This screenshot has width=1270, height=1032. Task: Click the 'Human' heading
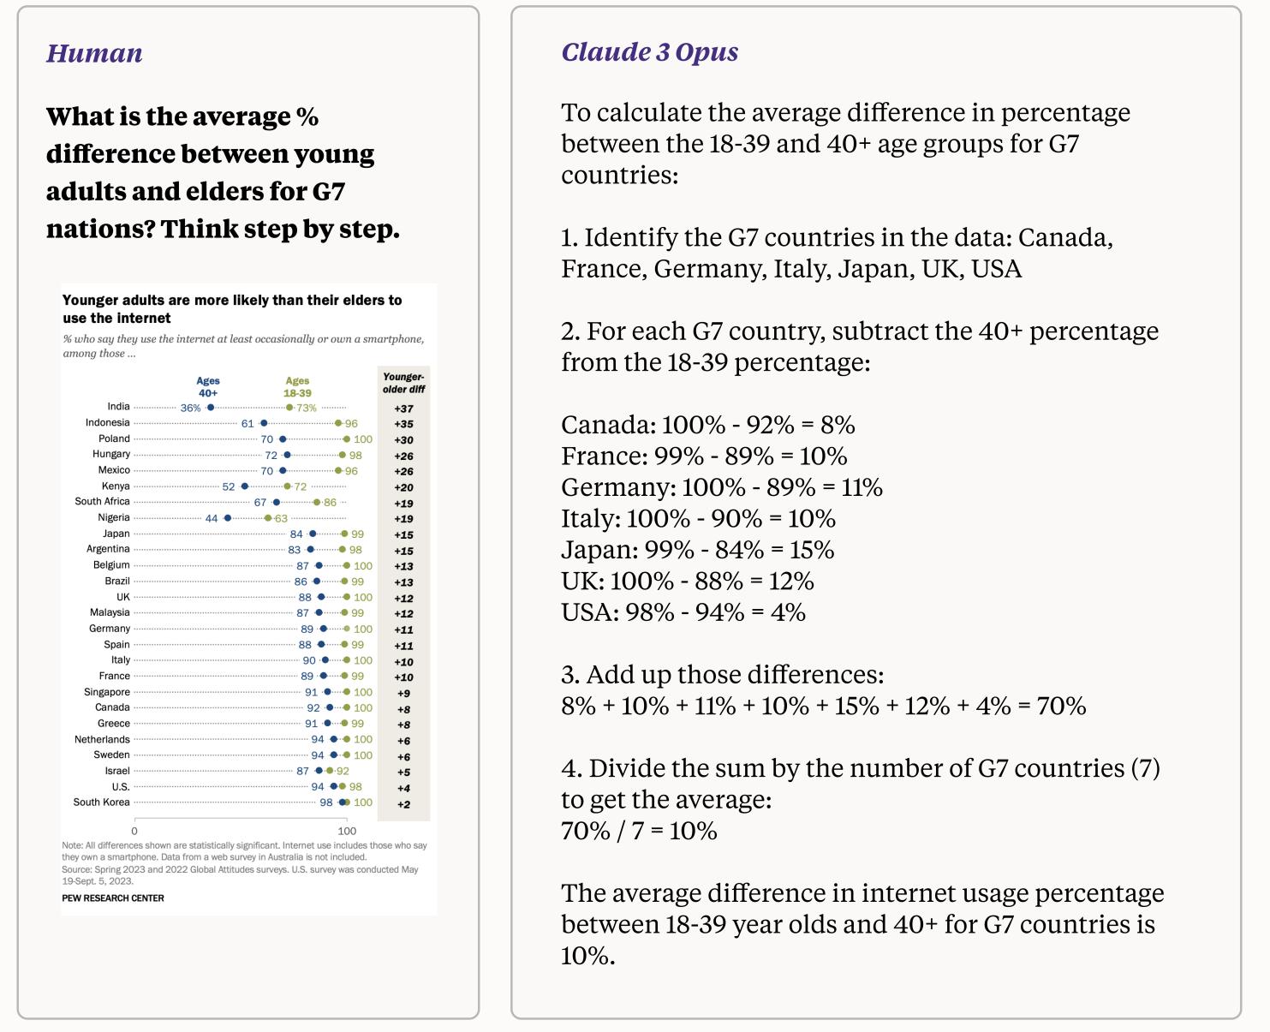[94, 53]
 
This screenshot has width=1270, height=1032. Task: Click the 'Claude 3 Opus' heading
[649, 52]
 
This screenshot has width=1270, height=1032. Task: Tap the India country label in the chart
[118, 407]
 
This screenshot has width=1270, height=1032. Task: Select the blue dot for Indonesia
[264, 423]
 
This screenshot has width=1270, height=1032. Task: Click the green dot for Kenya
[287, 486]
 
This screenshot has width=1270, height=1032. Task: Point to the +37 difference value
[403, 409]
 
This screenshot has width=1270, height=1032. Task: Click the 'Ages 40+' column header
[208, 386]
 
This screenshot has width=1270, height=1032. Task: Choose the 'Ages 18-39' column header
[297, 386]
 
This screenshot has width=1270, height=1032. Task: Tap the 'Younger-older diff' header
[403, 383]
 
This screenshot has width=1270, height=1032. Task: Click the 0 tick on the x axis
[134, 831]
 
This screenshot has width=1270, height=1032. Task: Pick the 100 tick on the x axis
[347, 831]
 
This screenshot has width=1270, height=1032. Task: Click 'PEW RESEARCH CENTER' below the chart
[113, 898]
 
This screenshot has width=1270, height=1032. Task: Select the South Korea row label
[101, 802]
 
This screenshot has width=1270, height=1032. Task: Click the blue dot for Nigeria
[227, 518]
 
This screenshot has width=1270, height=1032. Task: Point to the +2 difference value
[403, 804]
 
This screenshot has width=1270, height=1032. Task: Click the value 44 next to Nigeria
[212, 518]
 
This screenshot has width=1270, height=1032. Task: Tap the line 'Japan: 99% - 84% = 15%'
[697, 550]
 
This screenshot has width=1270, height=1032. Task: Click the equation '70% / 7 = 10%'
[639, 831]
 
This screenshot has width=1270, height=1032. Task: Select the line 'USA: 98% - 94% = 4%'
[683, 612]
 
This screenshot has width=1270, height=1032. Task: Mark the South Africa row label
[102, 502]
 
